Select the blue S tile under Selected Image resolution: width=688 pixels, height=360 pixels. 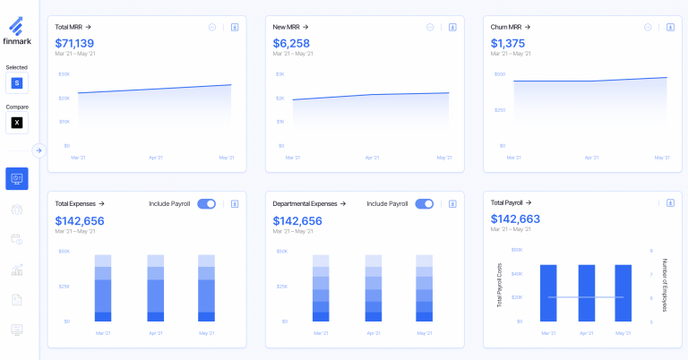coord(17,83)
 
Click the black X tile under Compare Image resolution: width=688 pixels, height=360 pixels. coord(17,123)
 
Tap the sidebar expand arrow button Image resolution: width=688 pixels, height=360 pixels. coord(39,150)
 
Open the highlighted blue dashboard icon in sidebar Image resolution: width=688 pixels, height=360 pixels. coord(17,178)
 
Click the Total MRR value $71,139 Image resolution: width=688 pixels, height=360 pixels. coord(74,43)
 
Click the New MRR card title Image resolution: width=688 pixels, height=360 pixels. coord(292,27)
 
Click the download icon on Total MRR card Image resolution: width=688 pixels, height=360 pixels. coord(235,27)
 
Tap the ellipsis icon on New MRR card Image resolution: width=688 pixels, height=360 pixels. coord(430,27)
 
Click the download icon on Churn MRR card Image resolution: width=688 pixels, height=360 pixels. coord(670,27)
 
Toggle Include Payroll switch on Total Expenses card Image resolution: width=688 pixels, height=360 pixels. coord(206,204)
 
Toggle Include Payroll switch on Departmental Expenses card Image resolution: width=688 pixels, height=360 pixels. coord(424,204)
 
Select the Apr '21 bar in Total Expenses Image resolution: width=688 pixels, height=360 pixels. coord(155,287)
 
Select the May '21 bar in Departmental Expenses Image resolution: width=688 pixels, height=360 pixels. coord(424,287)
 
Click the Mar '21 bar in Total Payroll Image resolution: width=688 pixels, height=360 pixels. coord(548,293)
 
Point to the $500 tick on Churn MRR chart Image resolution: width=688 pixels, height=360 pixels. coord(500,74)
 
